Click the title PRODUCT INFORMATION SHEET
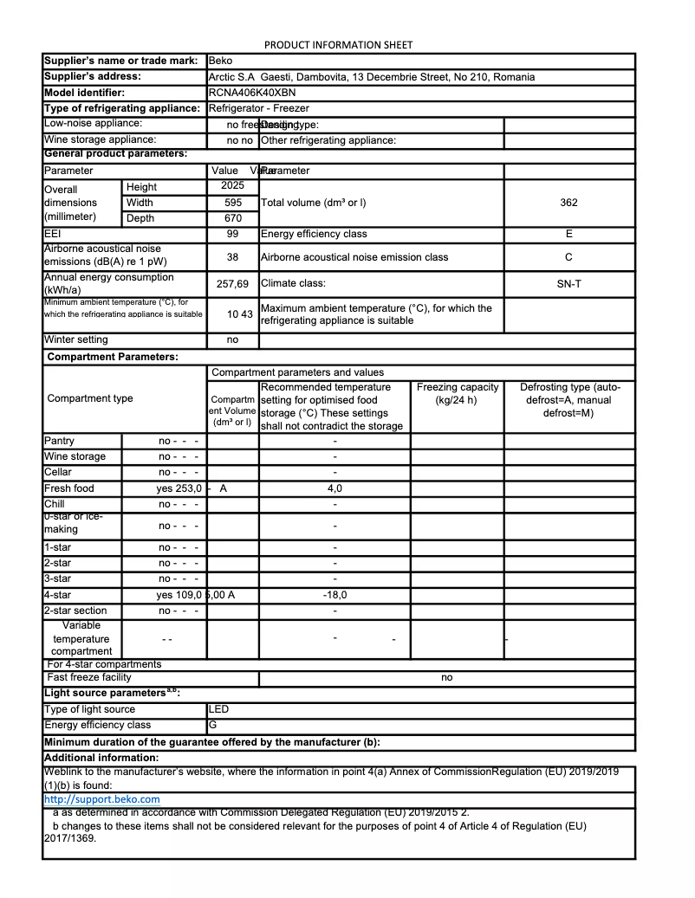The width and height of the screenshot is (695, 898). pyautogui.click(x=338, y=45)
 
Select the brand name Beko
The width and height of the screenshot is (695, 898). pyautogui.click(x=220, y=61)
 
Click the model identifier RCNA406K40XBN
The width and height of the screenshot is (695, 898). pyautogui.click(x=252, y=93)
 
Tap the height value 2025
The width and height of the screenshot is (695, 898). pyautogui.click(x=232, y=186)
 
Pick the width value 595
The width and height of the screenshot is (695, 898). pyautogui.click(x=232, y=203)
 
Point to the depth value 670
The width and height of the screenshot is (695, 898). pyautogui.click(x=232, y=218)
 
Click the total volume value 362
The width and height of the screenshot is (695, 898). pyautogui.click(x=568, y=203)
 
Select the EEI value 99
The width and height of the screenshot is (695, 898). pyautogui.click(x=232, y=234)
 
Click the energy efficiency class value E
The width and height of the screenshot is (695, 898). pyautogui.click(x=568, y=234)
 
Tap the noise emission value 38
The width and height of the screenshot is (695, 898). pyautogui.click(x=232, y=257)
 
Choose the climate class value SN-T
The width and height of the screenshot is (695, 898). pyautogui.click(x=568, y=283)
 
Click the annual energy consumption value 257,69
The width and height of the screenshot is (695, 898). pyautogui.click(x=232, y=284)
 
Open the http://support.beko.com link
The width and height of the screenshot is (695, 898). pyautogui.click(x=101, y=799)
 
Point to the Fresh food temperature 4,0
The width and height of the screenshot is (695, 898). pyautogui.click(x=334, y=488)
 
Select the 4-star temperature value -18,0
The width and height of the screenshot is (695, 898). pyautogui.click(x=334, y=595)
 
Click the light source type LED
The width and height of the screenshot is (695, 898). pyautogui.click(x=218, y=709)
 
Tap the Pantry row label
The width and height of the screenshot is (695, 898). pyautogui.click(x=59, y=441)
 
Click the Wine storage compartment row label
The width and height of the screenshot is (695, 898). pyautogui.click(x=75, y=456)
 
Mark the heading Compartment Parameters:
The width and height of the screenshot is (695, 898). pyautogui.click(x=112, y=357)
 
